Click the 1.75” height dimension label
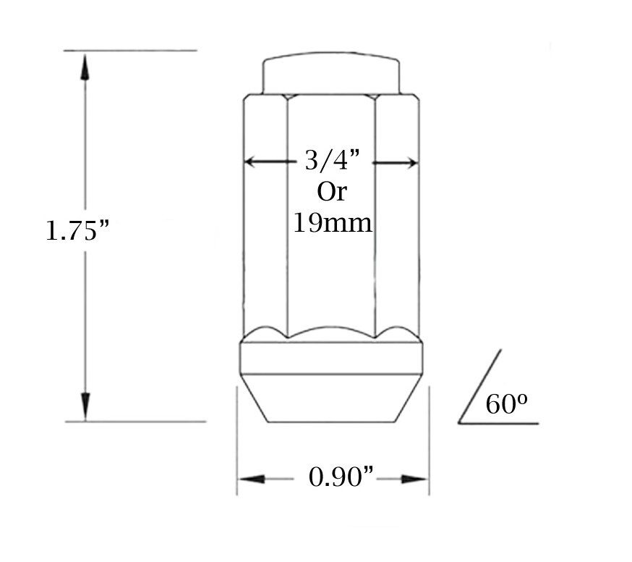[77, 230]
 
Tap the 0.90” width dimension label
[341, 477]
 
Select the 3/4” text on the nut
[332, 160]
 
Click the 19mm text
[333, 222]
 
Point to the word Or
[332, 192]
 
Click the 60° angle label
[506, 403]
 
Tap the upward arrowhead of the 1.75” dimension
[85, 67]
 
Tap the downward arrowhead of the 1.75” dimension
[85, 406]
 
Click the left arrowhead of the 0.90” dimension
[252, 479]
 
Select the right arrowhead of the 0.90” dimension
[414, 479]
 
